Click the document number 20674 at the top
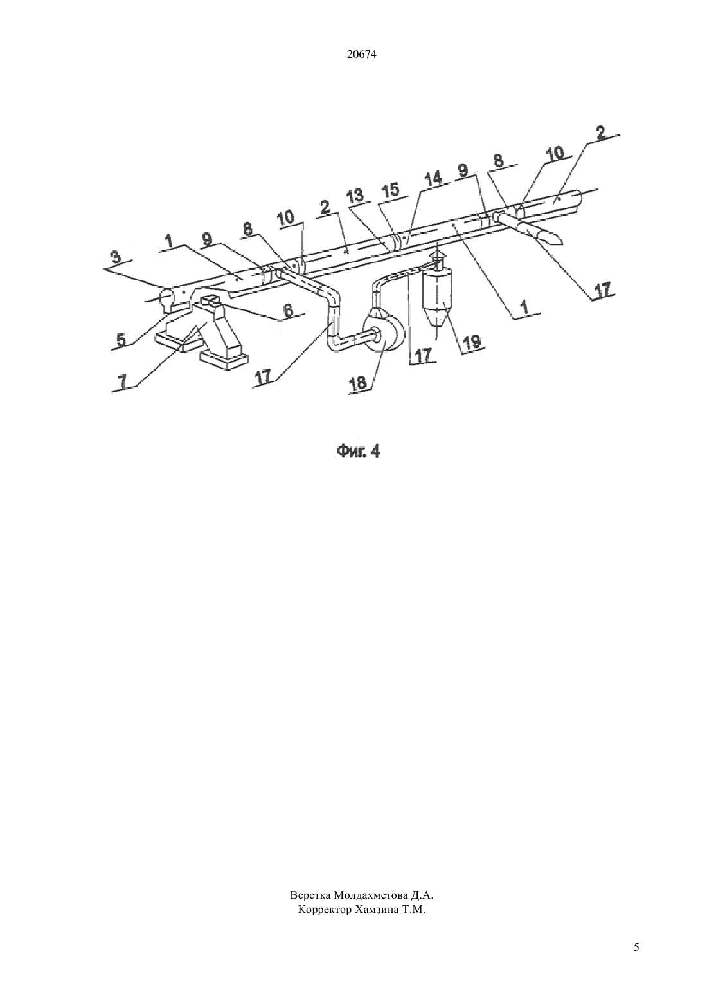pyautogui.click(x=361, y=55)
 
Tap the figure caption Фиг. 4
pyautogui.click(x=359, y=452)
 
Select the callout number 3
pyautogui.click(x=116, y=258)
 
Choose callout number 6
pyautogui.click(x=289, y=311)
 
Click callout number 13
pyautogui.click(x=355, y=197)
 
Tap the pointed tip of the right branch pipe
pyautogui.click(x=562, y=243)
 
